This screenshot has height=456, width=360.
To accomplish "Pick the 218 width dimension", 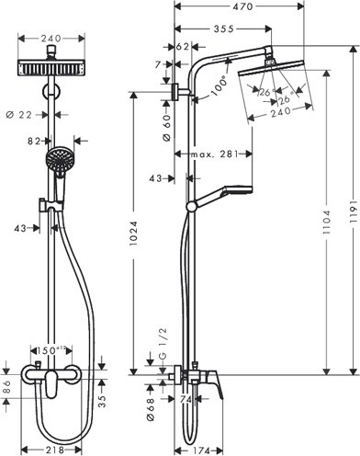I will pos(55,448).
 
